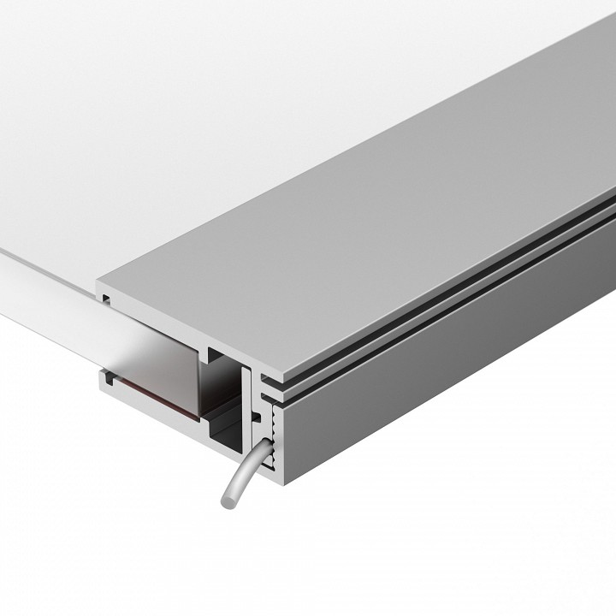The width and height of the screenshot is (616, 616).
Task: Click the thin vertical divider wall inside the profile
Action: [x=248, y=411]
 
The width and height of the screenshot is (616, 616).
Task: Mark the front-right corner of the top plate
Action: [x=266, y=377]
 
